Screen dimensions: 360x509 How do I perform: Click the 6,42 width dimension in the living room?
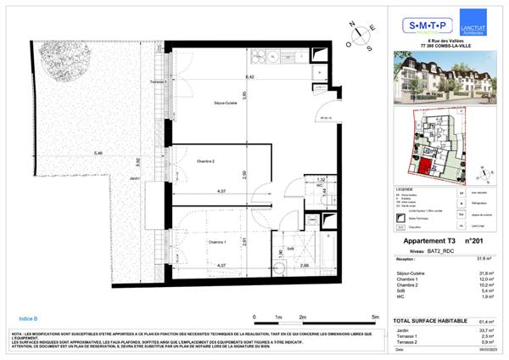(x=227, y=76)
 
